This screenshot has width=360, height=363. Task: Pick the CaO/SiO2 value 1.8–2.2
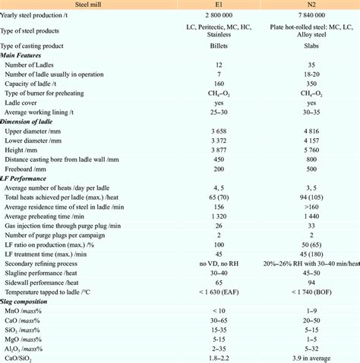(x=219, y=357)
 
